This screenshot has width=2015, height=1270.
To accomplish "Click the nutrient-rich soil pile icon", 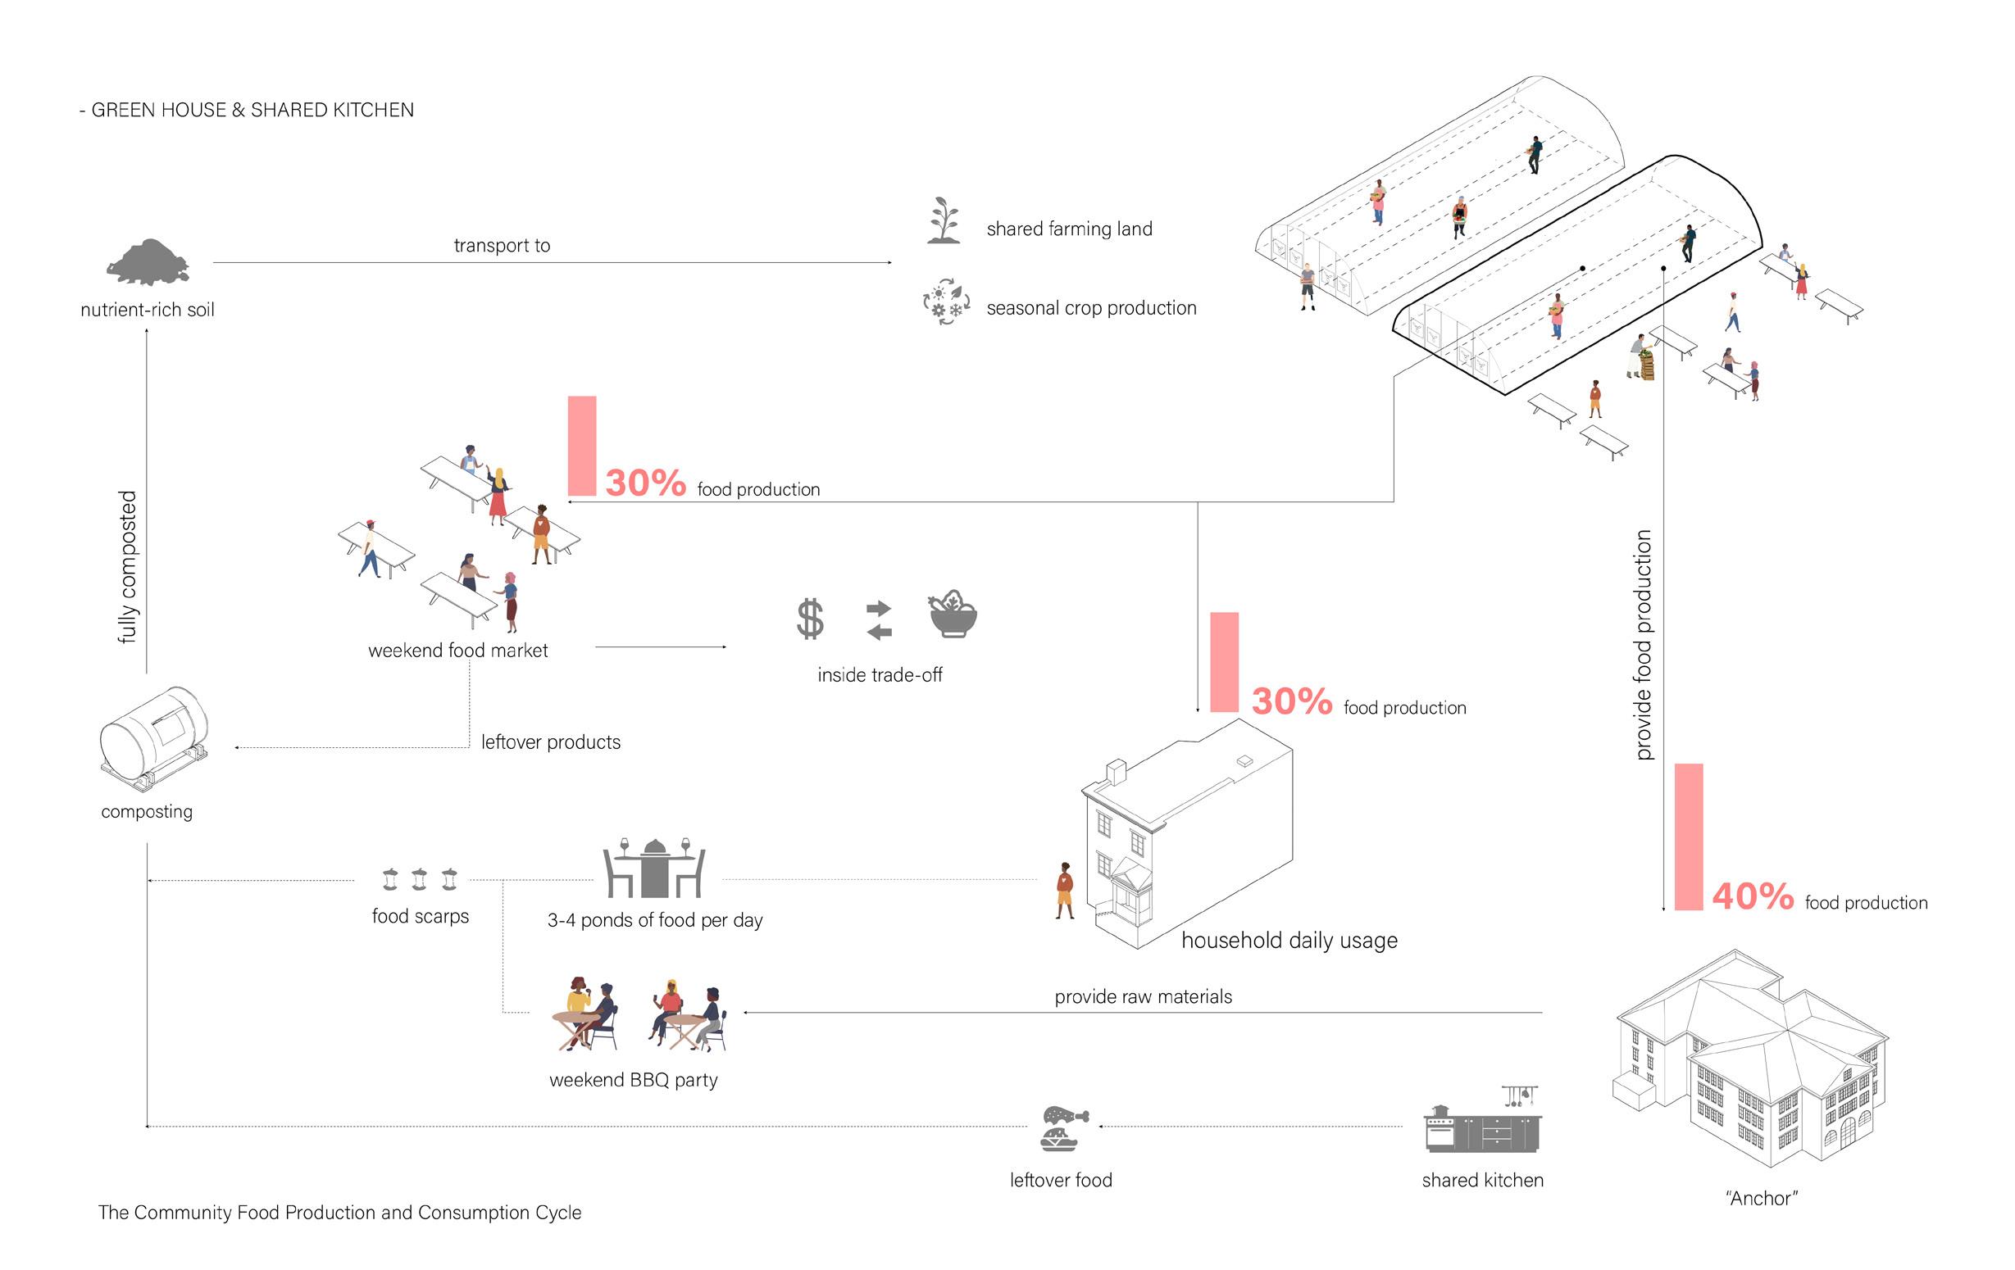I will click(148, 263).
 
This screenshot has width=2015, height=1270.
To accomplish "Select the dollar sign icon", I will click(809, 619).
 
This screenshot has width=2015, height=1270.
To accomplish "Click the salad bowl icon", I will click(953, 615).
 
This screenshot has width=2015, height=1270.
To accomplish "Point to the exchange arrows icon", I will click(879, 620).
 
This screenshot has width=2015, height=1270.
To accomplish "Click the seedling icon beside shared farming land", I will click(944, 221).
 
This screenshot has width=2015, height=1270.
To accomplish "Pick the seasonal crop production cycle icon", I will click(945, 302).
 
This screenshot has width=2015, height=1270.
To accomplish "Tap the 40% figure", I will click(1752, 896).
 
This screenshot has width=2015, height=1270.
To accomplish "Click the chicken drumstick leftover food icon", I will click(1064, 1127).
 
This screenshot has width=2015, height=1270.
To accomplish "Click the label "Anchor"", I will click(1762, 1198).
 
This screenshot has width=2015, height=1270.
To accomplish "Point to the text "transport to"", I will click(501, 245).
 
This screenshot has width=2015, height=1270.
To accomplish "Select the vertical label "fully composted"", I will click(127, 567).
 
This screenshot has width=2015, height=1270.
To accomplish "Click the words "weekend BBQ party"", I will click(634, 1080).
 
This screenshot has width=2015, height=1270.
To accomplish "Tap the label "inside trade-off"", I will click(880, 675).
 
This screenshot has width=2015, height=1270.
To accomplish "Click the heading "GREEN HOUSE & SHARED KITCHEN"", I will click(252, 110).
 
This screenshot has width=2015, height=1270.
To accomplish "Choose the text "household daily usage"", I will click(1289, 941).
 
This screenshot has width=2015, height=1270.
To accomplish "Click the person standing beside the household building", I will click(1063, 890).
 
